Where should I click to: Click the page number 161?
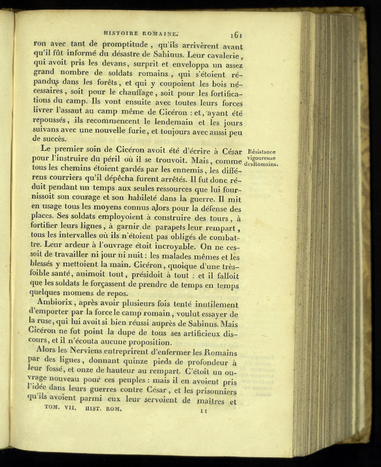[x=235, y=34]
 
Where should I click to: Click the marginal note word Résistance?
[x=262, y=153]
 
